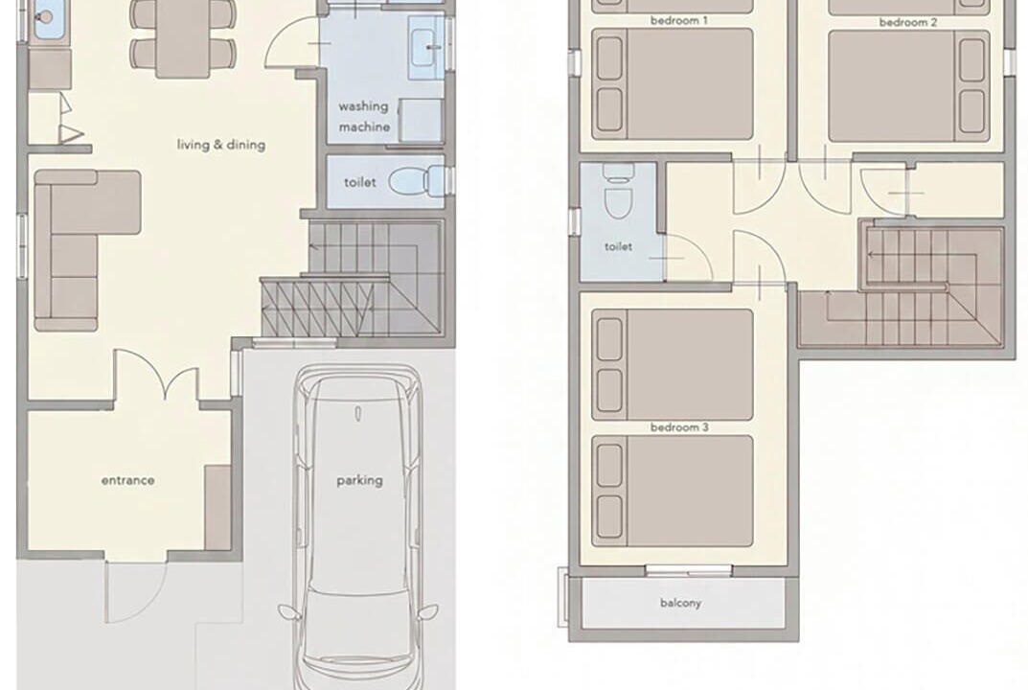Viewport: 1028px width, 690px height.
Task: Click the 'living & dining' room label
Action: (221, 145)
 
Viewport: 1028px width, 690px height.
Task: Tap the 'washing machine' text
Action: (364, 116)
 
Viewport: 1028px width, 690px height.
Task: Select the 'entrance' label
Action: (127, 480)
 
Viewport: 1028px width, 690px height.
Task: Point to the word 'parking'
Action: (359, 481)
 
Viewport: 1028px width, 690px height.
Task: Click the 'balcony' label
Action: (680, 603)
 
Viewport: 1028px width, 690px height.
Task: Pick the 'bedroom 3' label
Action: (679, 427)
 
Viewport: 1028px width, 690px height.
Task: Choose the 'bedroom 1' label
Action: (678, 21)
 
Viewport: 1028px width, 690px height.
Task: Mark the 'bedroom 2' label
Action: (908, 22)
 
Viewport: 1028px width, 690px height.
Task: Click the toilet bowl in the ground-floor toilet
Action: (417, 181)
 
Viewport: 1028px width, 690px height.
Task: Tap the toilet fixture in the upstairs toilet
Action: (618, 191)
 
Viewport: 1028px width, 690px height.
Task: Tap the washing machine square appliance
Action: (421, 120)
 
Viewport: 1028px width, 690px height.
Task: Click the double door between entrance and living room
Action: (156, 375)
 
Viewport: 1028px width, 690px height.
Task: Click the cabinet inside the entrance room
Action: (217, 508)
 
